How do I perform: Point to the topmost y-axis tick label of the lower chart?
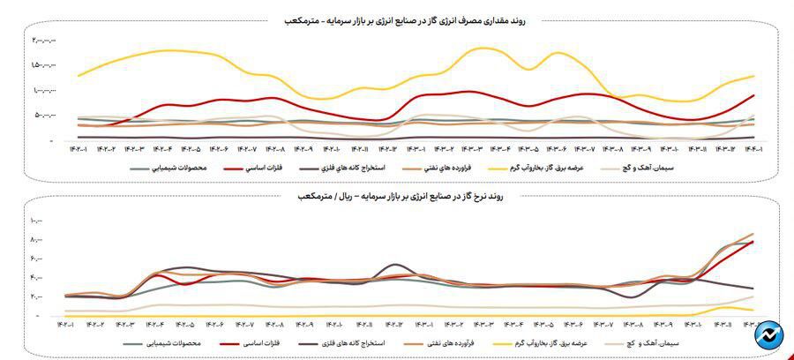[x=36, y=220]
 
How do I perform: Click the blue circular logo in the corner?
[x=770, y=336]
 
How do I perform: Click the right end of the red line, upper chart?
[x=753, y=95]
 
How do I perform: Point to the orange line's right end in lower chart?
[x=753, y=234]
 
